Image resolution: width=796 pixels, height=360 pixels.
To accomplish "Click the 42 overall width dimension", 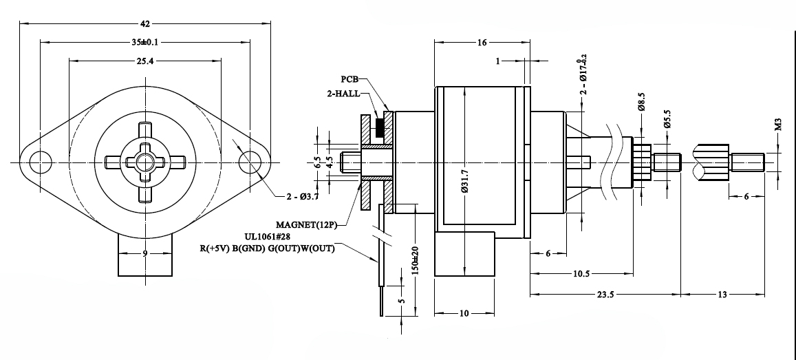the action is (145, 23).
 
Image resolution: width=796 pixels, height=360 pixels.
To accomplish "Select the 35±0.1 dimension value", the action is (144, 42).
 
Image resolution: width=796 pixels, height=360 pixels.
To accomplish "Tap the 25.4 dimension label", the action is (144, 61).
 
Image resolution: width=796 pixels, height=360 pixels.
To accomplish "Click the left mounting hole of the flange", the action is (41, 162).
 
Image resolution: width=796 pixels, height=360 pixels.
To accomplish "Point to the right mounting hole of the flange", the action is (249, 162).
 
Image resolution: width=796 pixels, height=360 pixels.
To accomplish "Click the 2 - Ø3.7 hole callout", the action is (302, 196).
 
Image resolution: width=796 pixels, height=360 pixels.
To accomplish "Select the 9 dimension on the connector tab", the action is (144, 253).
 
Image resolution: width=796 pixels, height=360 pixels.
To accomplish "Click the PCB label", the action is (349, 79).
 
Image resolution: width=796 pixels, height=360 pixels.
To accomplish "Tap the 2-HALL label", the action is (343, 94).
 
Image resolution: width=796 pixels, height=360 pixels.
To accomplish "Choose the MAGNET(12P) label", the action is (306, 224).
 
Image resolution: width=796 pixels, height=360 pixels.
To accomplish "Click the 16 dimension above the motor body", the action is (482, 43).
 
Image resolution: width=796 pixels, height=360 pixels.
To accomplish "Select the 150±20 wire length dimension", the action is (416, 260).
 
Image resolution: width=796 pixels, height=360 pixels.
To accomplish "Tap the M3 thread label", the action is (778, 125).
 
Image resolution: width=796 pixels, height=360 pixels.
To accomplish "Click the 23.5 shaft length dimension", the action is (605, 294).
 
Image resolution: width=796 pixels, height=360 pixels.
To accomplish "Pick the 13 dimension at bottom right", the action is (722, 294).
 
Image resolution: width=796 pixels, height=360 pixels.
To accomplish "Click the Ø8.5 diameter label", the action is (641, 102).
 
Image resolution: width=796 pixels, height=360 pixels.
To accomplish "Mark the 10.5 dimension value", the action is (581, 274).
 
